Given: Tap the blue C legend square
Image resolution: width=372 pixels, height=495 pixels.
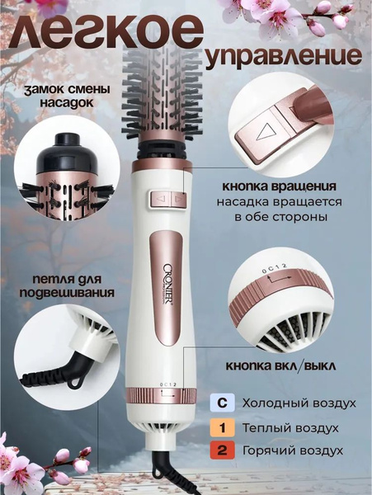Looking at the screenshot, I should pos(220,403).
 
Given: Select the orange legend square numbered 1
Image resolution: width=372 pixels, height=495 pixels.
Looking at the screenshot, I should pos(220,427).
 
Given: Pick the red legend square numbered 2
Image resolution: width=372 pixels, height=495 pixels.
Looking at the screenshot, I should pos(220,451).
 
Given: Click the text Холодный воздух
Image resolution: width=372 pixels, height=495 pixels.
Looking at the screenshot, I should pos(298,403).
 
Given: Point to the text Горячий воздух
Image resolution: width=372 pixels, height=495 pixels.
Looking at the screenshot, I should pos(292,451).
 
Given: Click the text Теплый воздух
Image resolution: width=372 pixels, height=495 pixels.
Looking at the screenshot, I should pos(290,427).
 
